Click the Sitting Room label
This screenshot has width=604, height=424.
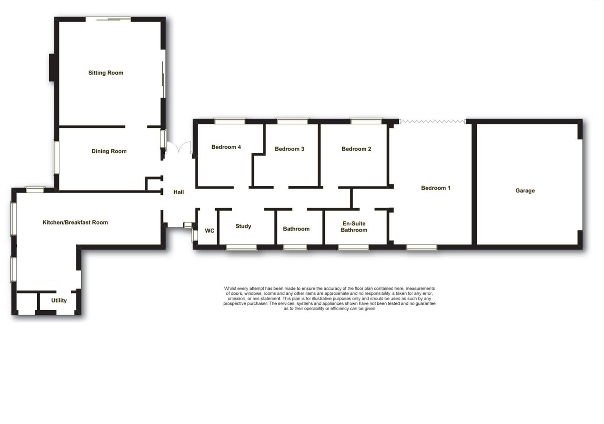click(106, 73)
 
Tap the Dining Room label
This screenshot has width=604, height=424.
click(109, 151)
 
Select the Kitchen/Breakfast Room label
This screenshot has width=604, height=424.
click(75, 222)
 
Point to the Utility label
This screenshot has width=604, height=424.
click(59, 300)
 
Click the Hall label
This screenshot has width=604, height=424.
click(179, 192)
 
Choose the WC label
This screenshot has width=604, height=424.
click(210, 230)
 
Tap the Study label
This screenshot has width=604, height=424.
click(243, 226)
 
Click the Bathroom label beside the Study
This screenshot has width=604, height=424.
click(296, 229)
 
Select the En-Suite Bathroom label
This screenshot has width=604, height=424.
click(354, 227)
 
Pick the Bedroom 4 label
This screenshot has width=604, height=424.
click(226, 147)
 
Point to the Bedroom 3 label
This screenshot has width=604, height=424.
click(289, 149)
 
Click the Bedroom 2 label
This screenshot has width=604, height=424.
click(356, 149)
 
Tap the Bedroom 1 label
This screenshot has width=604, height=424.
click(436, 188)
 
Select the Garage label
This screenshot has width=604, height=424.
click(525, 190)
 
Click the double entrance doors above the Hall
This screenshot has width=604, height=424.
click(179, 148)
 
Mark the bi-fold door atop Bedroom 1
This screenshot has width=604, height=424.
click(432, 121)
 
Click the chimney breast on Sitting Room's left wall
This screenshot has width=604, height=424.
click(51, 68)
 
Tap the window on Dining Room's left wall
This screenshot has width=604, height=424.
click(57, 157)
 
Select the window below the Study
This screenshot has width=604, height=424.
click(242, 247)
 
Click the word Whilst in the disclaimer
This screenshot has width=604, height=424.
click(232, 289)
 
